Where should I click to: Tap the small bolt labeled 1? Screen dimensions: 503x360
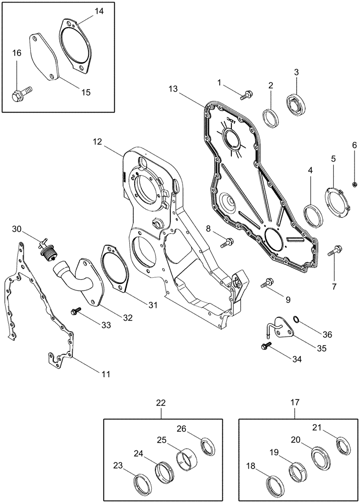coord(246,93)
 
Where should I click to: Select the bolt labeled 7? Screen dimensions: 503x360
coord(336,250)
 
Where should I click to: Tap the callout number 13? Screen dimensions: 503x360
coord(173,89)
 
